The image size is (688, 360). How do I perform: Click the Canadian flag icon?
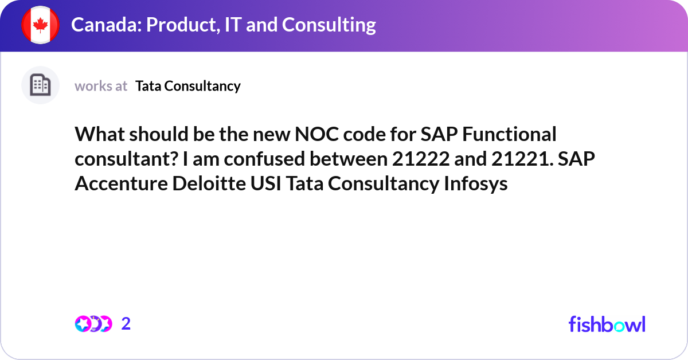(x=40, y=25)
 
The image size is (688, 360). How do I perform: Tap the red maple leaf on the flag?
(x=40, y=25)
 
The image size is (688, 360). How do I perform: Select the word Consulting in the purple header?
(x=329, y=25)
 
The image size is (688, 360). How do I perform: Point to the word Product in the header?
(x=183, y=25)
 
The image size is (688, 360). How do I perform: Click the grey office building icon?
(x=40, y=85)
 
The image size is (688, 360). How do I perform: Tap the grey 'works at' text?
(x=101, y=86)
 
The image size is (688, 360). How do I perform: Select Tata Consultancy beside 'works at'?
(x=188, y=86)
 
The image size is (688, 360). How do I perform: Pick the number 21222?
(x=421, y=159)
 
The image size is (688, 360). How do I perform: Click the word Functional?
(x=509, y=134)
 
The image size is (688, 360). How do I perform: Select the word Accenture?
(x=122, y=183)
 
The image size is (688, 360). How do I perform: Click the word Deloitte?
(x=209, y=183)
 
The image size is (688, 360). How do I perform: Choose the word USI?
(x=265, y=183)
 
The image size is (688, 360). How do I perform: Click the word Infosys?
(x=476, y=183)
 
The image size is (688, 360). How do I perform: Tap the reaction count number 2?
(x=126, y=324)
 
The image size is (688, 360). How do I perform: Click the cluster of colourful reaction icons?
(x=93, y=324)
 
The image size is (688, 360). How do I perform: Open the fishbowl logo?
(x=607, y=324)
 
